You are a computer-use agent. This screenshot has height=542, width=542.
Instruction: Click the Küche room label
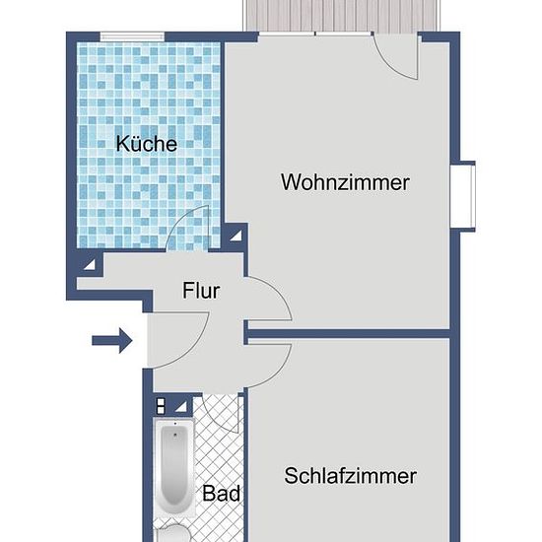[x=147, y=143]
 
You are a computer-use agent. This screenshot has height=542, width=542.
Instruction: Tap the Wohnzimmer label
[x=345, y=182]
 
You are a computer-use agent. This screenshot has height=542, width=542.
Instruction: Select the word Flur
[x=201, y=291]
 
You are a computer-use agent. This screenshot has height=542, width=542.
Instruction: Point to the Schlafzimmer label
[x=350, y=476]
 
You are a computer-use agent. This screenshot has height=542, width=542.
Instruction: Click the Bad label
[x=221, y=493]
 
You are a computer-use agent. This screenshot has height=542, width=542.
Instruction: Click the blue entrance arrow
[x=111, y=341]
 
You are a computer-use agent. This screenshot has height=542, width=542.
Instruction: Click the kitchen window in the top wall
[x=132, y=36]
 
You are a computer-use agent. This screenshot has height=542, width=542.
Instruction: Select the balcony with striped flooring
[x=341, y=16]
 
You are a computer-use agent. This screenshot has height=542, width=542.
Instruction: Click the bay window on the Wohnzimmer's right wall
[x=463, y=196]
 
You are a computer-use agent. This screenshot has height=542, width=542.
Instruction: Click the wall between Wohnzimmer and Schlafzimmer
[x=349, y=333]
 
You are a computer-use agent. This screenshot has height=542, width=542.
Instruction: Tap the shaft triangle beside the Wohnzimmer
[x=237, y=236]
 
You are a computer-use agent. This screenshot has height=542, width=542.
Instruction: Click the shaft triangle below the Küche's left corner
[x=90, y=264]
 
